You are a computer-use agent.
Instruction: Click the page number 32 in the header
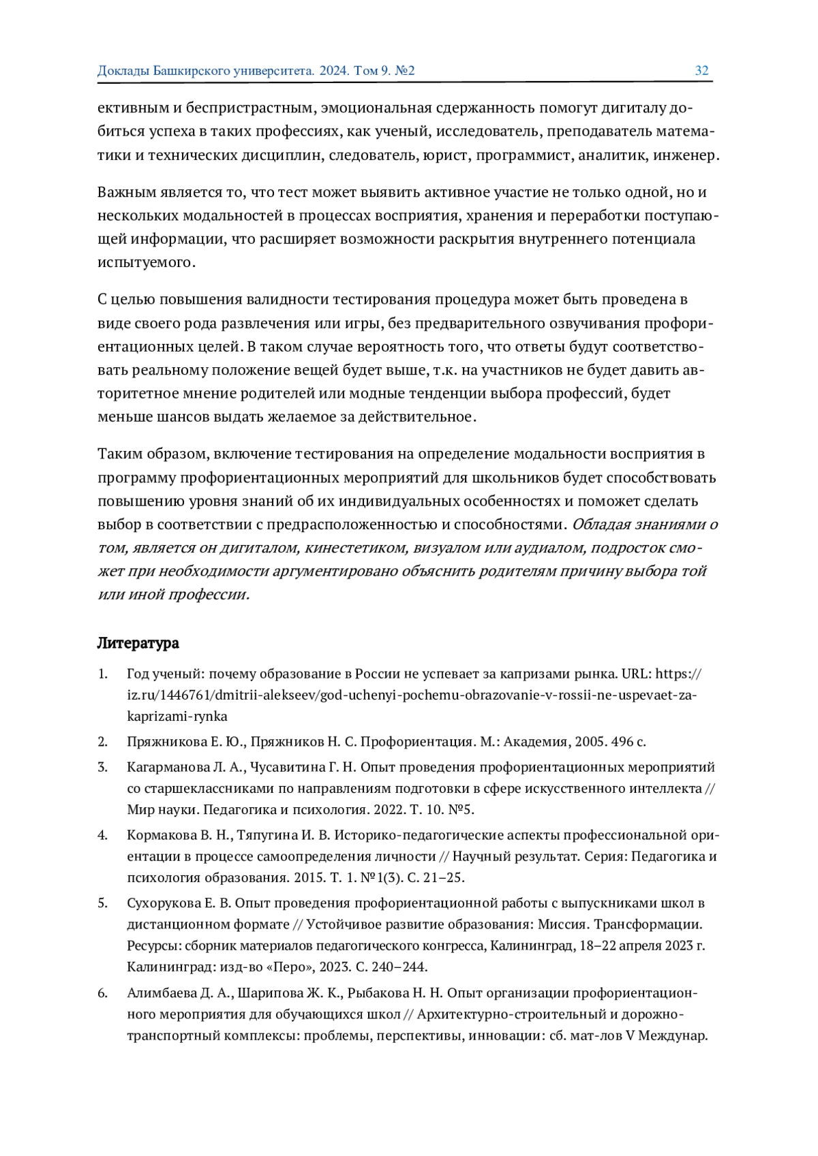pos(701,71)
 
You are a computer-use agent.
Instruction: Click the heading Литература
pos(138,643)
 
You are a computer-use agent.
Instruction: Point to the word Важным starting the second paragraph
pos(124,193)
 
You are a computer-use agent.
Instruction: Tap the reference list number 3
pos(102,767)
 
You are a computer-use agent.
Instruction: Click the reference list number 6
pos(102,993)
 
